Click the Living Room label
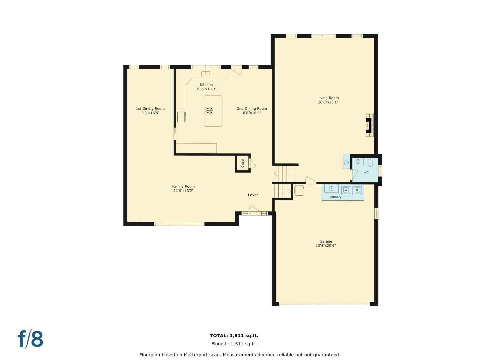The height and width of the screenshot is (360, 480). tap(328, 98)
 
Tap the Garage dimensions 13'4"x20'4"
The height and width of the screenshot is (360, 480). tap(326, 246)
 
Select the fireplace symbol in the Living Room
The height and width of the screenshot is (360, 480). tap(369, 125)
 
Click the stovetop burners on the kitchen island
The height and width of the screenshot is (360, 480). tap(209, 110)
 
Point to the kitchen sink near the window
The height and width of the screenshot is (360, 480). tap(206, 73)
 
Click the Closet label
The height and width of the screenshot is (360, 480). tap(243, 163)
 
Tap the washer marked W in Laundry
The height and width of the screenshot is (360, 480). tap(346, 190)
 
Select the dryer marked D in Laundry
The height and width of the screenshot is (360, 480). tap(357, 190)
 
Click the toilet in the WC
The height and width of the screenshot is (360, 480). tap(370, 162)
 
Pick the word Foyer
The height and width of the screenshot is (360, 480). tap(253, 195)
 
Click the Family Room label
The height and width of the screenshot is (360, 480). tap(183, 186)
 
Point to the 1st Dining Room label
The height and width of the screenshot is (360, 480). tap(150, 108)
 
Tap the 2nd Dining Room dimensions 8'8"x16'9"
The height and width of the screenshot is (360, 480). tap(252, 113)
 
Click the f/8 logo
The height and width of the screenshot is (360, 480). tap(30, 339)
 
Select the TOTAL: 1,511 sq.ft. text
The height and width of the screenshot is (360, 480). tap(234, 336)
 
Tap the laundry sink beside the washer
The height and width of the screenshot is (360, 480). tap(331, 189)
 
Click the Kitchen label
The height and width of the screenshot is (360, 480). tap(206, 85)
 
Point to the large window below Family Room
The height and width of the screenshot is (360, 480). tap(179, 224)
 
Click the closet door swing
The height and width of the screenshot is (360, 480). tap(253, 163)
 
